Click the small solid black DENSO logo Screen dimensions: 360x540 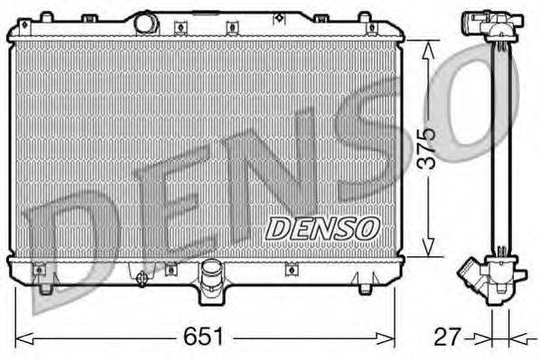[x=321, y=227]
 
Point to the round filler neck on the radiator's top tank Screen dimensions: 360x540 [x=146, y=22]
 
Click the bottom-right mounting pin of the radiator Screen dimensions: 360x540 [x=364, y=288]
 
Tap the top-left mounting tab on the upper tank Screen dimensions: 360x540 [x=45, y=18]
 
